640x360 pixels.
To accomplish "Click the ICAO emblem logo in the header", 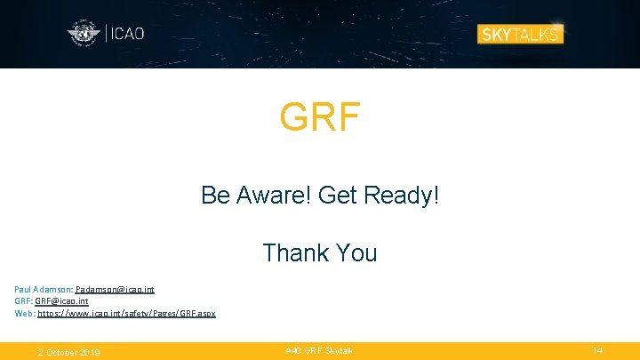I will pyautogui.click(x=84, y=34).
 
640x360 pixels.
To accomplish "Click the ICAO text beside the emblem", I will pyautogui.click(x=127, y=34).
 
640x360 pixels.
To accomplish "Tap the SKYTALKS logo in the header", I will pyautogui.click(x=520, y=34).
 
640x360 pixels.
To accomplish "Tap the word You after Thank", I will pyautogui.click(x=356, y=252).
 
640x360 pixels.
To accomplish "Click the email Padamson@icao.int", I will pyautogui.click(x=115, y=290).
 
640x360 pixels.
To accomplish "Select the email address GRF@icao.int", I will pyautogui.click(x=61, y=301).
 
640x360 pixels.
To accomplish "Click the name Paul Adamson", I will pyautogui.click(x=43, y=290).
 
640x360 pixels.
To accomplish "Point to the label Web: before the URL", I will pyautogui.click(x=25, y=313).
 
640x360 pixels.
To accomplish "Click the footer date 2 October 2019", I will pyautogui.click(x=68, y=352).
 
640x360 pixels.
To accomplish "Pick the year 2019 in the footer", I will pyautogui.click(x=90, y=352).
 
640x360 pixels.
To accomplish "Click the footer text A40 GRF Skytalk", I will pyautogui.click(x=319, y=351).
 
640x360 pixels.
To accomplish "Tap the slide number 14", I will pyautogui.click(x=597, y=351).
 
